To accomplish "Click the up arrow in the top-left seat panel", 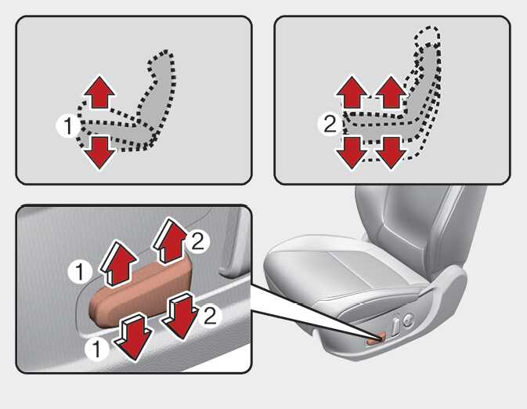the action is [x=99, y=92].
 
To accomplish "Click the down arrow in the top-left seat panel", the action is [x=99, y=153].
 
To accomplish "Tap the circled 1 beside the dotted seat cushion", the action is [x=68, y=126].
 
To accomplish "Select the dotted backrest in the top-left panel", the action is [x=158, y=94].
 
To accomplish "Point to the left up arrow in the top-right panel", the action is [x=352, y=92].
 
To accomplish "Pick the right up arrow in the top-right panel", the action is [x=391, y=92].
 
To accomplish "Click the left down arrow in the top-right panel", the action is [x=352, y=153].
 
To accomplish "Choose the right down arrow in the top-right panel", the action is [x=391, y=153].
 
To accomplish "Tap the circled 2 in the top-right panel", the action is [x=330, y=124].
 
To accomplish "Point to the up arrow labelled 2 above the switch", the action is [x=171, y=241].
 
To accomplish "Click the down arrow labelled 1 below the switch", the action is [x=133, y=336].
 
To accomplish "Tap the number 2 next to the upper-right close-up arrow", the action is [x=197, y=241].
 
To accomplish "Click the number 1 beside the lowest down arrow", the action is [x=96, y=349].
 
